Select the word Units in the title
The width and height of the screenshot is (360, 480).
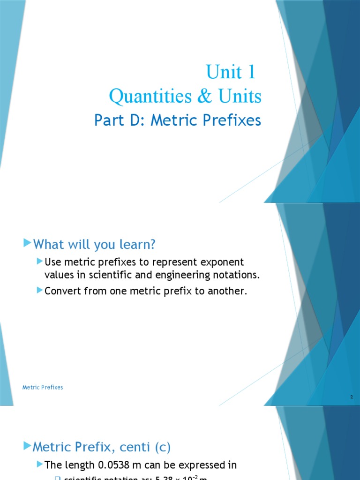[239, 97]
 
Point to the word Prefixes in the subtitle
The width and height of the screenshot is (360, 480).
[232, 120]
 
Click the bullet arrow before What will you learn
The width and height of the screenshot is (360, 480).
[27, 243]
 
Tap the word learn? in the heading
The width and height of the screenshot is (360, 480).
[139, 244]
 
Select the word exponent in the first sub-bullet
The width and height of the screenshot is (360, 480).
[222, 262]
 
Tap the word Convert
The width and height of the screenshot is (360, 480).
[63, 291]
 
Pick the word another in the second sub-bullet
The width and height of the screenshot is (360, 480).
[226, 291]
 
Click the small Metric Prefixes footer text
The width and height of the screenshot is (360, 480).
[43, 388]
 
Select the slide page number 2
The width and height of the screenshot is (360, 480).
[351, 397]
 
